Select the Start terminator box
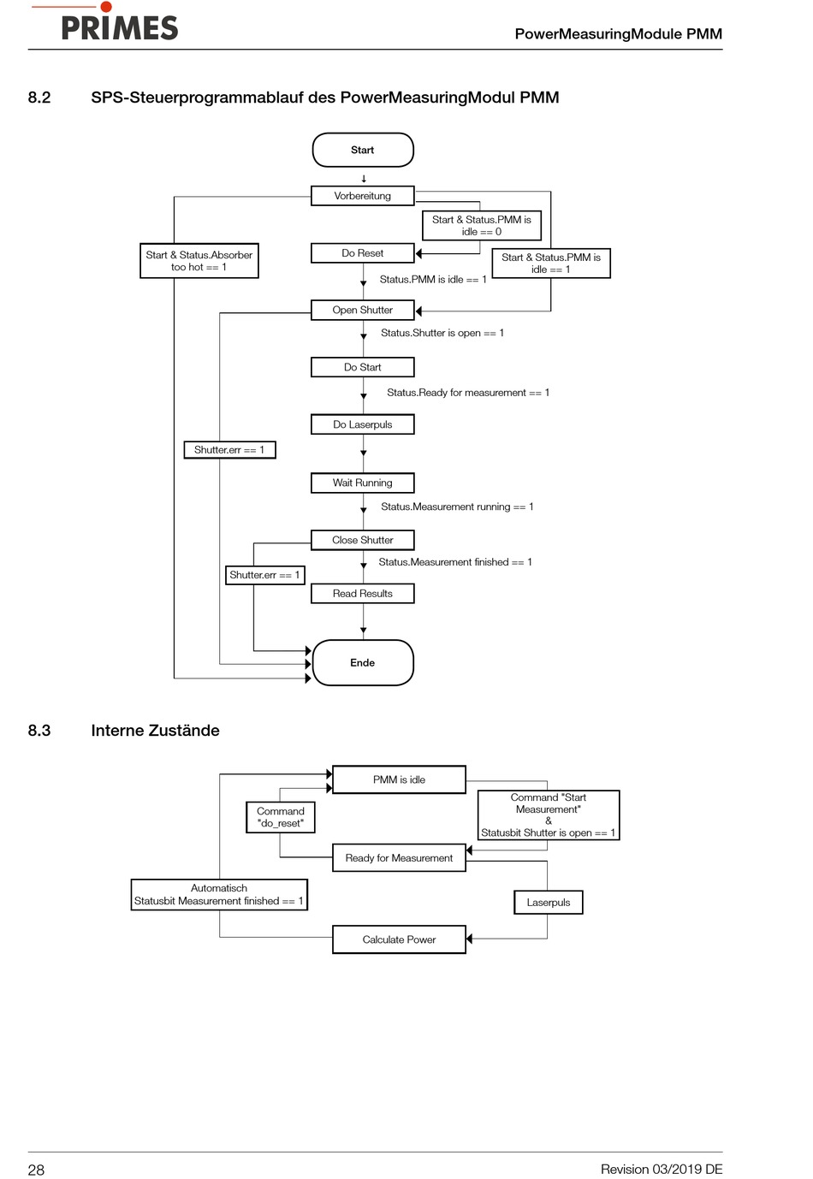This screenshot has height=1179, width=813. click(x=363, y=150)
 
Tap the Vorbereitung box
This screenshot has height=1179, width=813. click(x=363, y=196)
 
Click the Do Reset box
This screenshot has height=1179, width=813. click(x=363, y=253)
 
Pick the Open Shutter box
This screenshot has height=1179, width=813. click(x=363, y=310)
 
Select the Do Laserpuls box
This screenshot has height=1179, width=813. click(x=363, y=424)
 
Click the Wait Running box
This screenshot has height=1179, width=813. click(x=363, y=483)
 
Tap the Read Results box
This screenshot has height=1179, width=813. click(x=363, y=594)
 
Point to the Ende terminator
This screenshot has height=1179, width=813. click(x=363, y=663)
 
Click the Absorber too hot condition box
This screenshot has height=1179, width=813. click(x=199, y=261)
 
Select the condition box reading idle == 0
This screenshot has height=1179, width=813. click(x=482, y=225)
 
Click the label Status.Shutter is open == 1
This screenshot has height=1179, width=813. click(x=442, y=333)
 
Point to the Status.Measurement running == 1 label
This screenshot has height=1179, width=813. click(x=457, y=507)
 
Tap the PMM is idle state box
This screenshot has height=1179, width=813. click(x=399, y=779)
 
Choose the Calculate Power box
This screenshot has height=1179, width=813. click(x=399, y=939)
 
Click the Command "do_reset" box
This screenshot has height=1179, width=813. click(x=281, y=817)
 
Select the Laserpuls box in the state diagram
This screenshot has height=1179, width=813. click(x=549, y=903)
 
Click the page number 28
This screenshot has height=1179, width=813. click(x=36, y=1170)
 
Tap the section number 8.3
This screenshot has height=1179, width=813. click(x=39, y=731)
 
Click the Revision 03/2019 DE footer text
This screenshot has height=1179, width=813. click(x=662, y=1169)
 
